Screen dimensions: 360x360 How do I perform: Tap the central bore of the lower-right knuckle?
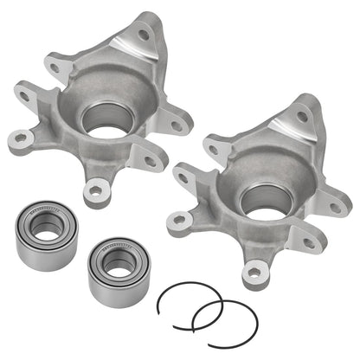[260, 199]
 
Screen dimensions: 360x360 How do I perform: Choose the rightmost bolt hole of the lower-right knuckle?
[333, 204]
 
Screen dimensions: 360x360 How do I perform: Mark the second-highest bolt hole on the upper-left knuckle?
[55, 67]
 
